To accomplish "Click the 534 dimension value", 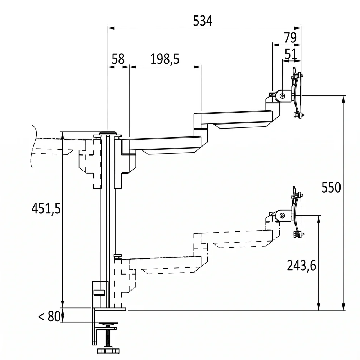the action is point(203,21).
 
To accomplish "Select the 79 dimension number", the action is point(290,38).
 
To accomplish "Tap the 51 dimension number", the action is point(291,54).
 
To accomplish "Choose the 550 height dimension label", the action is point(331,187).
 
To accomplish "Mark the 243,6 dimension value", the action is point(301,266).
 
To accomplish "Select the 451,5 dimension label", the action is point(46,209).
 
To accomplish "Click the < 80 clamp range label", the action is point(49,316).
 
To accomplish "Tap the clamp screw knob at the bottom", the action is point(108,351).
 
